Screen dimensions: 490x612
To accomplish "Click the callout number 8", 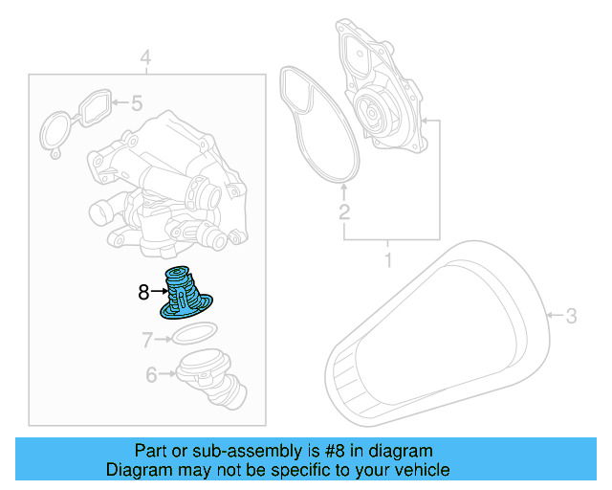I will (x=143, y=293).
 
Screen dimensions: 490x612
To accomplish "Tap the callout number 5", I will (x=136, y=101).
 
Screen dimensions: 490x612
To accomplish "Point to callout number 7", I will (x=147, y=339).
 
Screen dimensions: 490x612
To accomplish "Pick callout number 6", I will (x=151, y=375).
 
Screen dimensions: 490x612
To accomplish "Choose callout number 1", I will (x=388, y=260).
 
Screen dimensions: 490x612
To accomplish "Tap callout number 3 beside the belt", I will (x=572, y=315).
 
